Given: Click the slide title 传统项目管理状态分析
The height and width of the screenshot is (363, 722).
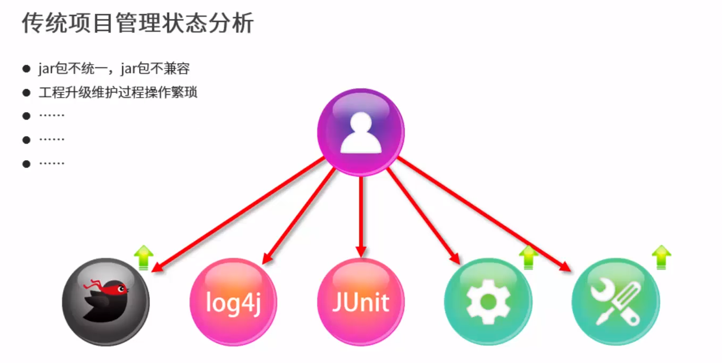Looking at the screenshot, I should [x=137, y=24].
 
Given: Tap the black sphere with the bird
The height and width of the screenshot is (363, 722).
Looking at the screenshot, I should [x=106, y=302].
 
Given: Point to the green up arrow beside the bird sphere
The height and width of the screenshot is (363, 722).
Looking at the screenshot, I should [x=143, y=257].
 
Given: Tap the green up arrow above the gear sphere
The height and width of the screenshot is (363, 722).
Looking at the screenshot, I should [x=528, y=257].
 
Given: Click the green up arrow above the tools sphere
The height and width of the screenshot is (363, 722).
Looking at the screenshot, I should [x=661, y=257].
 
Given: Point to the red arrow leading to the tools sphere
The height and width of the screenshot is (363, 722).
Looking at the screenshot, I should [x=483, y=214].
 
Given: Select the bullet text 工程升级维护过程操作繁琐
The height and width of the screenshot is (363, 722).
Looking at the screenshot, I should [x=118, y=92].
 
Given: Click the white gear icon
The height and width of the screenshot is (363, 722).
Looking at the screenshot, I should [x=488, y=301].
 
